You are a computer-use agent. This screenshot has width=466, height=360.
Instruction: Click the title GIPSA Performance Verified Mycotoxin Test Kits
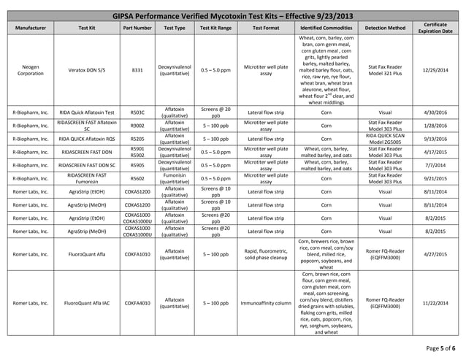click(x=232, y=16)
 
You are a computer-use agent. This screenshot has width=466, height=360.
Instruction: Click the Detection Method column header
click(x=385, y=28)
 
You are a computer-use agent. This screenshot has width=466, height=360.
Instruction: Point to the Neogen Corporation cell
click(x=30, y=70)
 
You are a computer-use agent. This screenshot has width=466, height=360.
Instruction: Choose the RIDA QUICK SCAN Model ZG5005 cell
click(x=385, y=139)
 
